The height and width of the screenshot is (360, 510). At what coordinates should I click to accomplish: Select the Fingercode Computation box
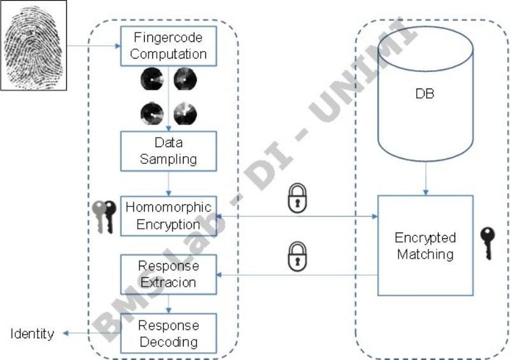[x=169, y=47]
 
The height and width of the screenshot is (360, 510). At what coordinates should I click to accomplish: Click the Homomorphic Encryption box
[x=169, y=216]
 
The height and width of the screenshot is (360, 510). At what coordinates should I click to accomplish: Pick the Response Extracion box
[x=169, y=274]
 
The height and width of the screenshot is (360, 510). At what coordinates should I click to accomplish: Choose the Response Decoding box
[x=169, y=333]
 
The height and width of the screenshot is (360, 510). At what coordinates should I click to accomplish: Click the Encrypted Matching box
[x=425, y=246]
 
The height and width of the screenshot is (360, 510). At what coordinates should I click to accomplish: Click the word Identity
[x=32, y=334]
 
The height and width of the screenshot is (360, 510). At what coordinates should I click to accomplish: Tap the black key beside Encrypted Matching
[x=487, y=243]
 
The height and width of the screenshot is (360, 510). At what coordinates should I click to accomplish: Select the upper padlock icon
[x=296, y=198]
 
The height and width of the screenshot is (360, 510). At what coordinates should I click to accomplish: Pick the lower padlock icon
[x=296, y=256]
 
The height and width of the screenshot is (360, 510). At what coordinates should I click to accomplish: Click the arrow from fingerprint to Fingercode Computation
[x=92, y=46]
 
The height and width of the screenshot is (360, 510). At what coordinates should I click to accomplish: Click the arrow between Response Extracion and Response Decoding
[x=169, y=303]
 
